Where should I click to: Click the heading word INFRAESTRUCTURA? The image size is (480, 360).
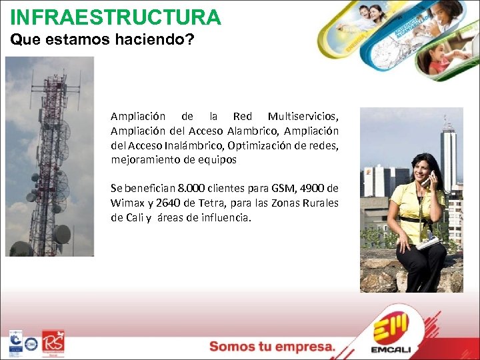coord(115,17)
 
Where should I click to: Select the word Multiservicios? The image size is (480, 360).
coord(303,117)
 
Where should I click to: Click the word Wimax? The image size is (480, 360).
coord(127,203)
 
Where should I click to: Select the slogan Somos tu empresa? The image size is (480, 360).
coord(272,346)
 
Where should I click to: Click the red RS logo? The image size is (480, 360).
coord(53,342)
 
